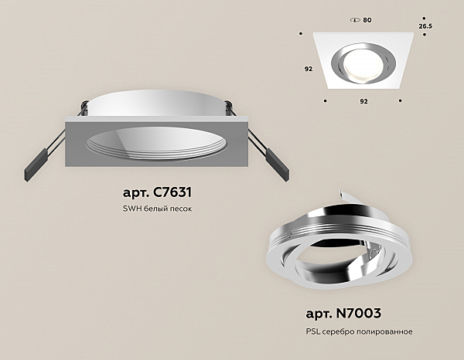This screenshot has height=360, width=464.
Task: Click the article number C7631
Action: [172, 192]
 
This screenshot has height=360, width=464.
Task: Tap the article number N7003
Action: [358, 314]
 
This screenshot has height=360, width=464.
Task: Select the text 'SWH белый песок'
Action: [157, 209]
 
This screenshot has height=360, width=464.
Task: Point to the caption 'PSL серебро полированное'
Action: [360, 331]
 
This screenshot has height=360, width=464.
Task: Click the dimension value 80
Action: [367, 20]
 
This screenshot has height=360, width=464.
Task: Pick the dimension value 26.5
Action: [425, 26]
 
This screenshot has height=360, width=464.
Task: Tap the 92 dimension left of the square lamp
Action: [309, 69]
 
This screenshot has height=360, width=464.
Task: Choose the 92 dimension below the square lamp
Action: [364, 101]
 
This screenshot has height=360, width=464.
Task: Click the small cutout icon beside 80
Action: [355, 20]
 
